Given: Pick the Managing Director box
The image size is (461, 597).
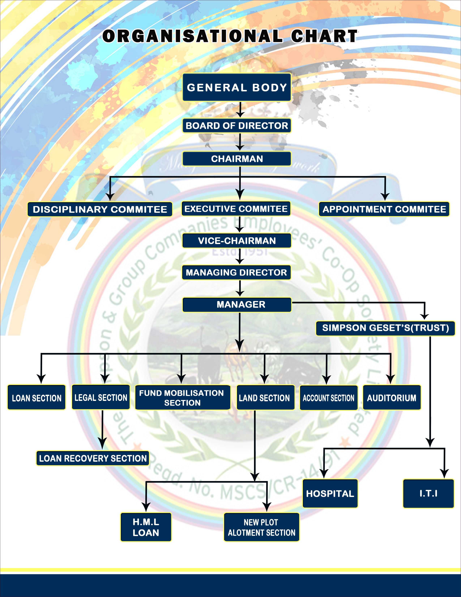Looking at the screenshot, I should (x=236, y=272).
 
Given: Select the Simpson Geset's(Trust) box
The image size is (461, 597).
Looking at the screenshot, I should (x=385, y=328).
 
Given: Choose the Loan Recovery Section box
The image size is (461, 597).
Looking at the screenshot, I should (x=93, y=458).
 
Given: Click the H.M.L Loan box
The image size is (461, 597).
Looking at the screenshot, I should (x=146, y=527).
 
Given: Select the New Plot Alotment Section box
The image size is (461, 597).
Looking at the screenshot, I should (x=261, y=527).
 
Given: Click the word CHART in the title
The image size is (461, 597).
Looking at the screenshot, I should (x=324, y=36).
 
